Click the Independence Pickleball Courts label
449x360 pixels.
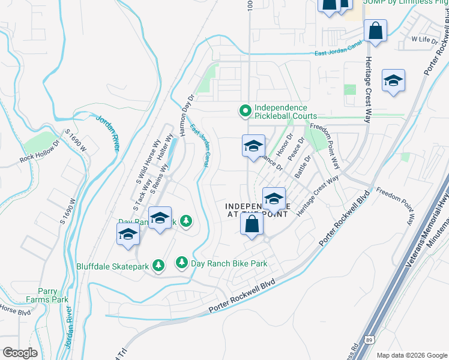coord(285,112)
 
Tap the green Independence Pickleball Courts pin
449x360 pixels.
coord(245,111)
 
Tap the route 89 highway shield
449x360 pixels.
coord(372,340)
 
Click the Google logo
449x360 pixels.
coord(20,353)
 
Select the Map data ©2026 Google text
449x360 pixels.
coord(411,355)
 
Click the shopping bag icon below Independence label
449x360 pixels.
coord(252,224)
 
